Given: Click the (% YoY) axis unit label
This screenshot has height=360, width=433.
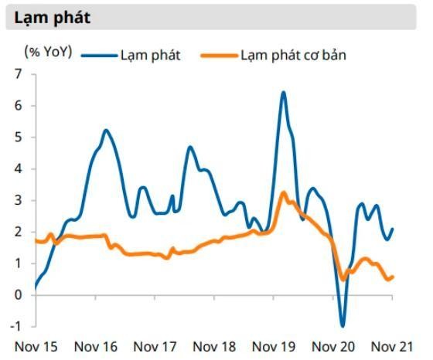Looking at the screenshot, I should [x=48, y=53].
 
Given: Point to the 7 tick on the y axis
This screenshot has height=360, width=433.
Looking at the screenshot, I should [x=19, y=74].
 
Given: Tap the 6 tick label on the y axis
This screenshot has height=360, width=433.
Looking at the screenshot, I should [x=19, y=106].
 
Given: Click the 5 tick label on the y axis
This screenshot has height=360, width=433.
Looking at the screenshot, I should [x=19, y=138].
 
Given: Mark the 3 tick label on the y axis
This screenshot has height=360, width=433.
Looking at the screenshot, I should [x=19, y=200].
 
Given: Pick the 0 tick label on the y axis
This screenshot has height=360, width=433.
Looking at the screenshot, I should [x=19, y=294].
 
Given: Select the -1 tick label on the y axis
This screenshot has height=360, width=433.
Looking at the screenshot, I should [x=17, y=326].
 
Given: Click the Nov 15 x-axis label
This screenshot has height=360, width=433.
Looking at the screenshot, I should [x=37, y=346].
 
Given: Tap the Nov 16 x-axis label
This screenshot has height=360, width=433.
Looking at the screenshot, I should [x=97, y=346].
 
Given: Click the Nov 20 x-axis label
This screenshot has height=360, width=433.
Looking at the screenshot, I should [x=335, y=346].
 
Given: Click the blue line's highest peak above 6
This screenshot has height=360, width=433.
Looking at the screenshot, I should [x=283, y=93].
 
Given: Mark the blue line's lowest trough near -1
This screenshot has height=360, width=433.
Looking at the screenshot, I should [x=343, y=325].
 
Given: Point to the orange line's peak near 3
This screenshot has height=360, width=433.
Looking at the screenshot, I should [x=284, y=192].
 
